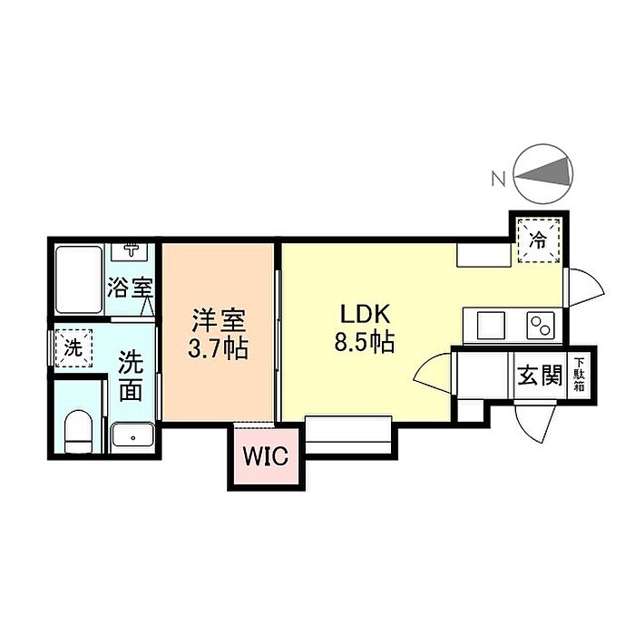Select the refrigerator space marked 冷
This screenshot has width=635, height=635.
(x=538, y=241)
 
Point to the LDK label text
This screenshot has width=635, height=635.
(x=364, y=315)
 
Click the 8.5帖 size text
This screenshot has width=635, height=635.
(x=366, y=344)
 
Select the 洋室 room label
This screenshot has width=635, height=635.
(x=218, y=320)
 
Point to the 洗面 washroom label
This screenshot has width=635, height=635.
(x=132, y=376)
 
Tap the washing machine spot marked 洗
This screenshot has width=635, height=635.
(x=73, y=347)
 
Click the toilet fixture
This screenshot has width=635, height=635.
(x=79, y=429)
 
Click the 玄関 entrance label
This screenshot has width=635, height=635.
(x=538, y=375)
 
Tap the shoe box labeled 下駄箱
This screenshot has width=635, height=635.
(x=579, y=373)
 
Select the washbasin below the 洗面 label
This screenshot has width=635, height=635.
(x=133, y=436)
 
